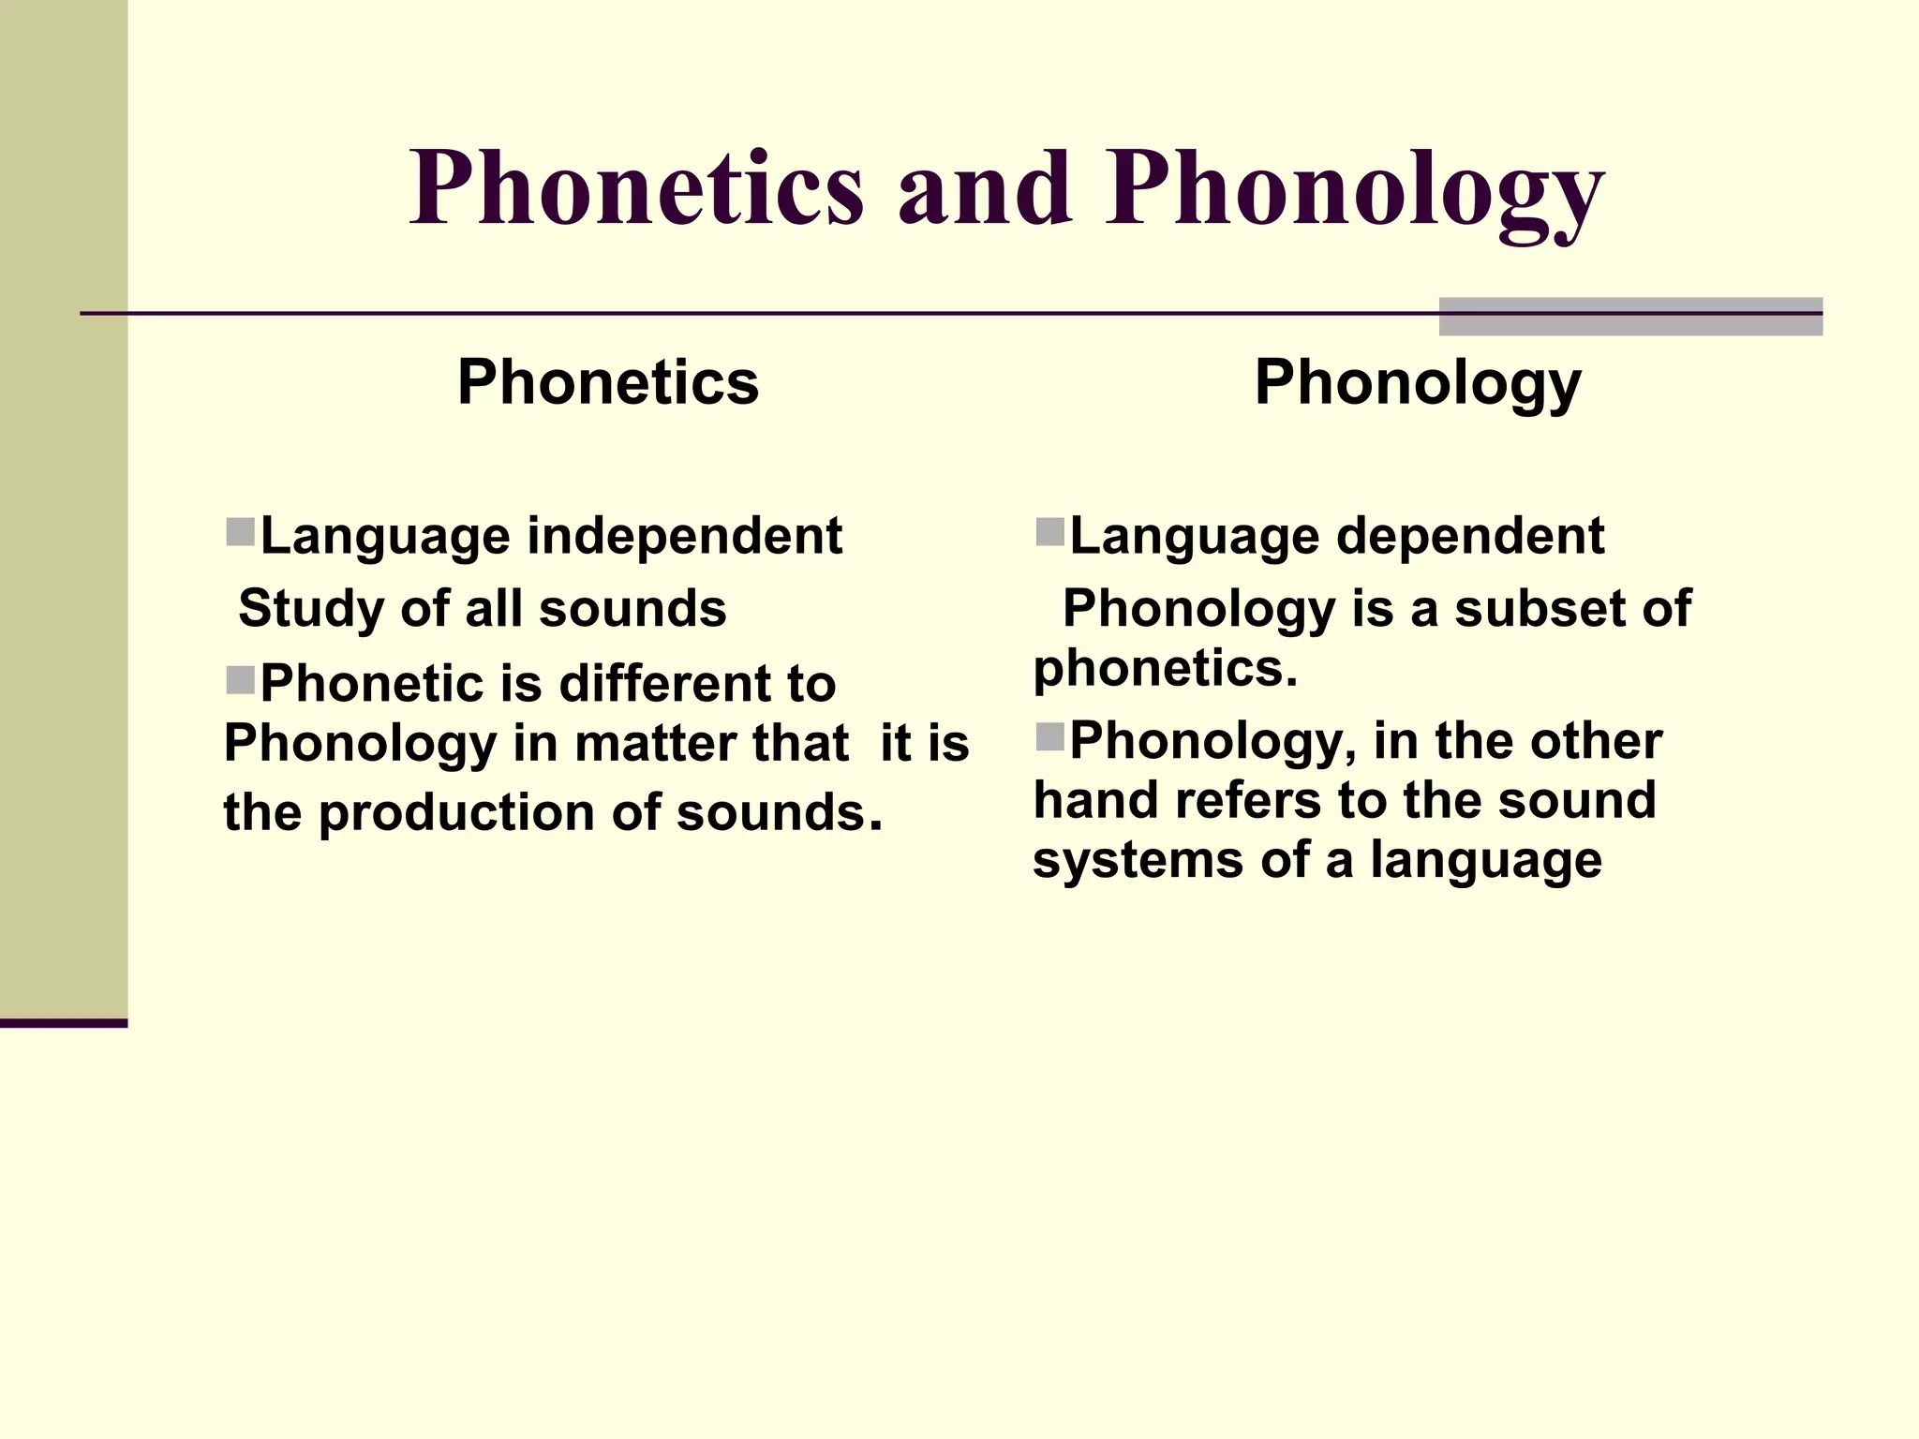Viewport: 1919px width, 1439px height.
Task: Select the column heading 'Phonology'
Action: [1418, 384]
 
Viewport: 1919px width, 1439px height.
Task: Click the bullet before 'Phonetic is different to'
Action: [241, 680]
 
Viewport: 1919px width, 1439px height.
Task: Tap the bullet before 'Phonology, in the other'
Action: [1050, 737]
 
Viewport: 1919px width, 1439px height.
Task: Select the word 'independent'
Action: [684, 536]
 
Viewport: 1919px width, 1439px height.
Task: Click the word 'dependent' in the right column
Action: [1470, 536]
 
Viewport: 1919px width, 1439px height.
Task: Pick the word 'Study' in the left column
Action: [311, 609]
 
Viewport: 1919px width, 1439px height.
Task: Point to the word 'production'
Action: [457, 812]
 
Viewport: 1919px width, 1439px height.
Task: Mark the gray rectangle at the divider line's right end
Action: [1630, 317]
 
